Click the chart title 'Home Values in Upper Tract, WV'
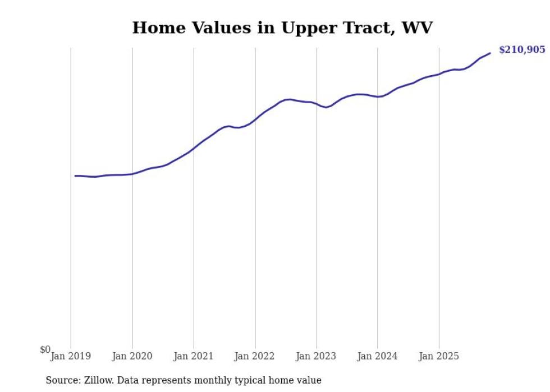click(282, 27)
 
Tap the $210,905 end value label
click(521, 50)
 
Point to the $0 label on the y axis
click(45, 350)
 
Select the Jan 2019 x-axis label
click(71, 356)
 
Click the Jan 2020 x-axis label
click(132, 356)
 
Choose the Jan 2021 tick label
click(194, 356)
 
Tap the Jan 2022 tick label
click(255, 356)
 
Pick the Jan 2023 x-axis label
click(317, 356)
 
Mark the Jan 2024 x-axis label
click(378, 356)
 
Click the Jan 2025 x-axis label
click(439, 356)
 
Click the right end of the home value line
click(490, 53)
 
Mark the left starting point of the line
click(75, 176)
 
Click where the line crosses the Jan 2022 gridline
click(255, 119)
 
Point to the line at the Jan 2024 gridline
click(378, 96)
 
